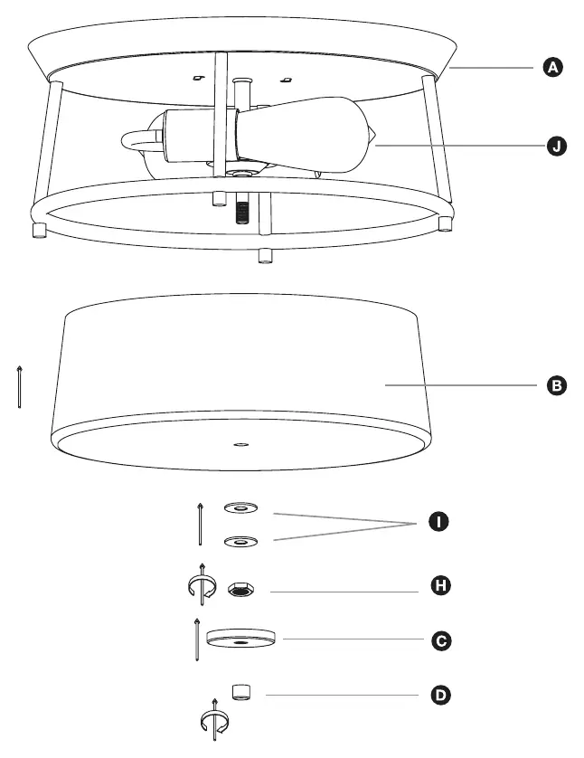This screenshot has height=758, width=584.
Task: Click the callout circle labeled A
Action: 553,67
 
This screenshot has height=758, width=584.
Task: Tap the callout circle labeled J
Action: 557,146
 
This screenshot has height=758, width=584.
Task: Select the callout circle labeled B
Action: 557,385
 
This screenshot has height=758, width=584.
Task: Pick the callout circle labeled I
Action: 438,522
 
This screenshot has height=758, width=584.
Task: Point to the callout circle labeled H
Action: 440,585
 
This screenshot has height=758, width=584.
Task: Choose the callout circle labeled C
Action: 441,641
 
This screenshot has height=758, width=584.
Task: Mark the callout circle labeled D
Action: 440,696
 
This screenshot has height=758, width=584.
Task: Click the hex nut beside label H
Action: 240,590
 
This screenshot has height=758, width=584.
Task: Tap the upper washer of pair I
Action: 240,507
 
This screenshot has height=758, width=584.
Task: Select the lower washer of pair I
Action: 240,542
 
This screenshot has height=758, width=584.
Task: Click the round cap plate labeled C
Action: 240,638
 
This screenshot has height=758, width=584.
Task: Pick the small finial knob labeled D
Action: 241,692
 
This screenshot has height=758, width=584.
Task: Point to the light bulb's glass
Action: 305,134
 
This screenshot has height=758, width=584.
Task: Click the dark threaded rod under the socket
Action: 242,212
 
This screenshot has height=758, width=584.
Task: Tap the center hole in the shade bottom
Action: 241,444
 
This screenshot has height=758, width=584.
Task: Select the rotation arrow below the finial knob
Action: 215,720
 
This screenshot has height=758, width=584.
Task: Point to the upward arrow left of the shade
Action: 19,387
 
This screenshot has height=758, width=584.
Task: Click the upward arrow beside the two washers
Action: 200,524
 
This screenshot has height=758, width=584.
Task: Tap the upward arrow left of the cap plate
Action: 196,640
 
